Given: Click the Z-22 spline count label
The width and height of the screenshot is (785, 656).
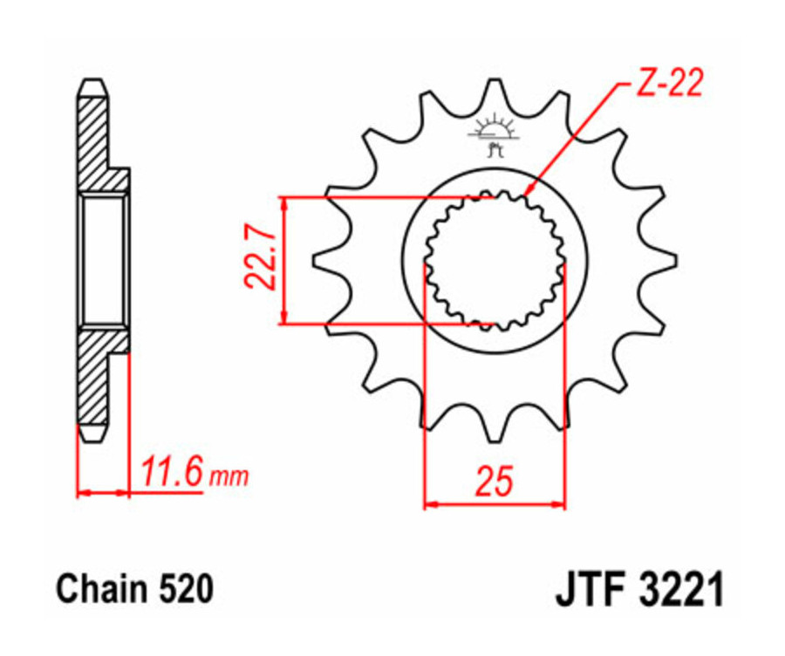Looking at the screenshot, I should pos(668,85).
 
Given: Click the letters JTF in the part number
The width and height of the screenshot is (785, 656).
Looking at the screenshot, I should pos(592,591).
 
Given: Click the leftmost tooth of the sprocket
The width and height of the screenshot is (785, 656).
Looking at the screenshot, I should pos(322,259).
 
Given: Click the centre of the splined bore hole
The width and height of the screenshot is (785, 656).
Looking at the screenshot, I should pos(495,259).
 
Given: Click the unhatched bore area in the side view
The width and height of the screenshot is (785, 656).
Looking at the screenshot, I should pos(104,260).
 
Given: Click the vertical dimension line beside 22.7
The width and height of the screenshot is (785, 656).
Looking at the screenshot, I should pos(284,259).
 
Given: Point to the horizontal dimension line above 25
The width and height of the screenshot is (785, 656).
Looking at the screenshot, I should pos(495,503).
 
